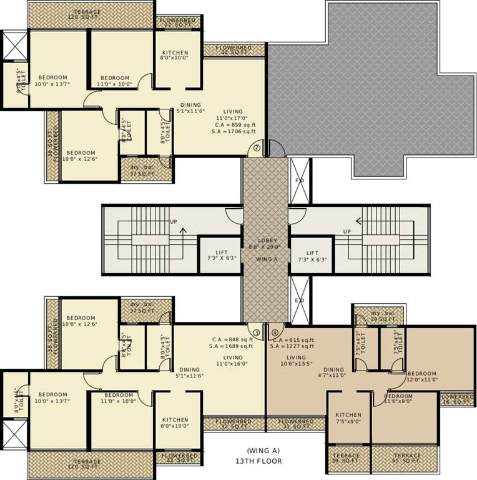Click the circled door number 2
(257, 149)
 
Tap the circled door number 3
(257, 332)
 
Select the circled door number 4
(275, 332)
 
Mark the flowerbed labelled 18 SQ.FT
(457, 399)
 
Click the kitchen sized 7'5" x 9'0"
(348, 417)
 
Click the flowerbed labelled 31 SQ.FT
(296, 424)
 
